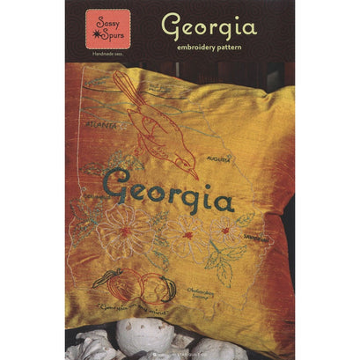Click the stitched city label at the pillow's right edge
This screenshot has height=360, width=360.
point(255,238)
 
